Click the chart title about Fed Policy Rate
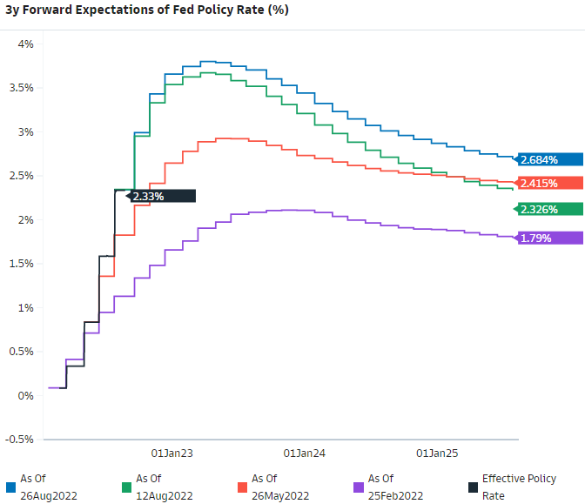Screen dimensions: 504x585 coord(147,10)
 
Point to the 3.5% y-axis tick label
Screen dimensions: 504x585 coord(20,88)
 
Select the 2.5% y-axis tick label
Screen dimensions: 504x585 coord(20,176)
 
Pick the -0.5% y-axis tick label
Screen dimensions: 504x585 coord(18,440)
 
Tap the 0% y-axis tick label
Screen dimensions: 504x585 coord(25,396)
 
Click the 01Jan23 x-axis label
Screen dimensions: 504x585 coord(171,454)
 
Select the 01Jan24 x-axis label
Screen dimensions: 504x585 coord(305,454)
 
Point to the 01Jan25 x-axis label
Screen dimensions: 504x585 coord(437,454)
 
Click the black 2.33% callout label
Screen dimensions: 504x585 coord(162,197)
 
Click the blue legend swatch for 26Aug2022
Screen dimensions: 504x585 coord(10,487)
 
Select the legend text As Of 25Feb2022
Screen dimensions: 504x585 coord(395,487)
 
